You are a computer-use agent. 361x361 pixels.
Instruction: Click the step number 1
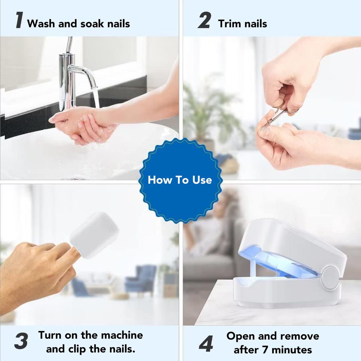coord(19,20)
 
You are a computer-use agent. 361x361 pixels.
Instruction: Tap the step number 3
coord(21,342)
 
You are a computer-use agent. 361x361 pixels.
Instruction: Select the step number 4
coord(206,343)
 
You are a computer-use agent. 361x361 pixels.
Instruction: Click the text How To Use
coord(180,180)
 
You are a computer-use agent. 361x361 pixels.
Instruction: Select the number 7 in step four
coord(265,350)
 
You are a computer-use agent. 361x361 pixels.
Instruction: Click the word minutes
coord(292,350)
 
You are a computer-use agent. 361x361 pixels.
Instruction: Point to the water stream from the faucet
coord(96,97)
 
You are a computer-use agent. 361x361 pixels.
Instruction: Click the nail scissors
coord(279,116)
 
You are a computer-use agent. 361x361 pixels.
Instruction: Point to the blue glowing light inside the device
coord(275,263)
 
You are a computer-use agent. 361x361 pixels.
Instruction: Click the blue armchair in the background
coord(141,279)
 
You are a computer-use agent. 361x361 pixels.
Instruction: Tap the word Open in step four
coord(241,336)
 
